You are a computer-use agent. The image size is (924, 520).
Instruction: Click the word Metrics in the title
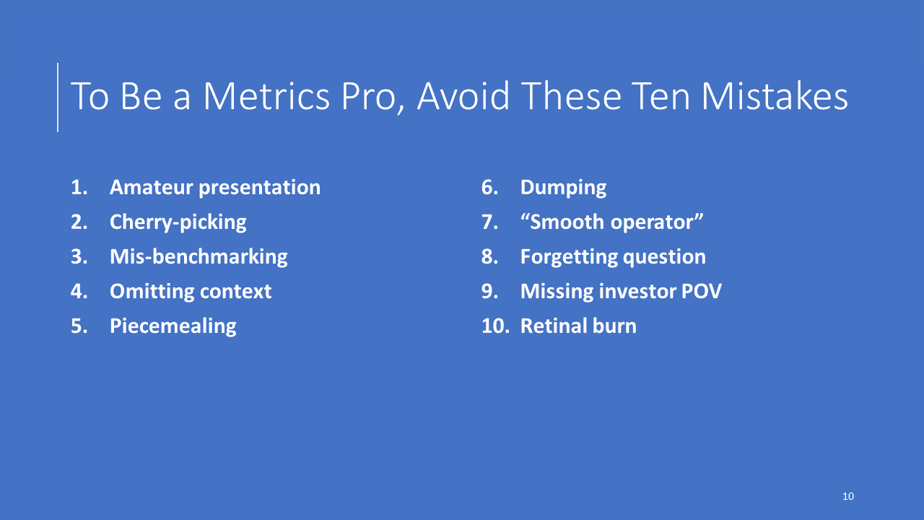pyautogui.click(x=266, y=96)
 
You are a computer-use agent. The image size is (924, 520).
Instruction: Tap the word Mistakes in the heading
pyautogui.click(x=775, y=96)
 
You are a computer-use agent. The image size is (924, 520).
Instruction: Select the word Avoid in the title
pyautogui.click(x=463, y=96)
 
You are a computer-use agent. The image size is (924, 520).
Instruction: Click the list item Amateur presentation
pyautogui.click(x=215, y=188)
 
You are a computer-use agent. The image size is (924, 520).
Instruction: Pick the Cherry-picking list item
pyautogui.click(x=178, y=222)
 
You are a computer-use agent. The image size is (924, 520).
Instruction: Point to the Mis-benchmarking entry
pyautogui.click(x=199, y=256)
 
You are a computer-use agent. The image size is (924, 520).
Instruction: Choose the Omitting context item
pyautogui.click(x=191, y=291)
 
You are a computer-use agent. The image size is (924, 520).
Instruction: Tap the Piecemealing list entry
pyautogui.click(x=173, y=326)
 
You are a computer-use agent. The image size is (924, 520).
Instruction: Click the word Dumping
pyautogui.click(x=564, y=188)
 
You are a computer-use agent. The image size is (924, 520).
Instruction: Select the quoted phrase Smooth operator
pyautogui.click(x=611, y=222)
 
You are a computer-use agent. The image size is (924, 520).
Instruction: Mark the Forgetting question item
pyautogui.click(x=613, y=257)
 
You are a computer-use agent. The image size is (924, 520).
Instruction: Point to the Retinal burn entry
pyautogui.click(x=578, y=326)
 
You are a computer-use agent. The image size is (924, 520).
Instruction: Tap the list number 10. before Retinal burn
pyautogui.click(x=495, y=326)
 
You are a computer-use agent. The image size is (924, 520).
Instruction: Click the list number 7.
pyautogui.click(x=490, y=222)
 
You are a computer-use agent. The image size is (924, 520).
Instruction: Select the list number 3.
pyautogui.click(x=79, y=256)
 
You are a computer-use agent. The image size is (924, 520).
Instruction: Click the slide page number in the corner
pyautogui.click(x=848, y=496)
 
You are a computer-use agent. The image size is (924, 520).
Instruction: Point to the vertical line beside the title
pyautogui.click(x=58, y=97)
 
